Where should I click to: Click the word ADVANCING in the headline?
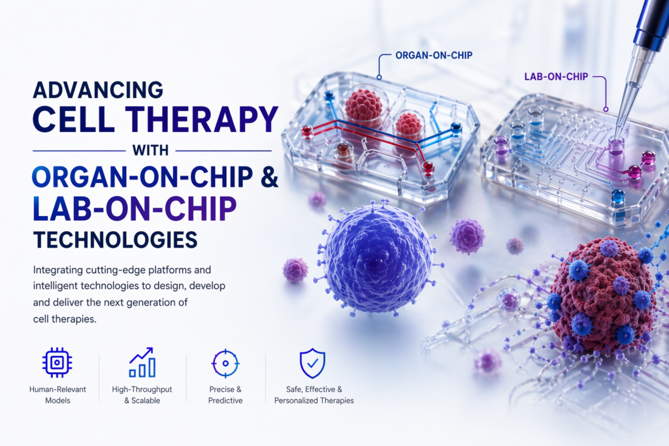[x=98, y=90]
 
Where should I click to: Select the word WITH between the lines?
[x=150, y=150]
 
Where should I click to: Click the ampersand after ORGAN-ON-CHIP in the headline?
[x=269, y=177]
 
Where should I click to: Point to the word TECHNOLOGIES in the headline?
[x=115, y=240]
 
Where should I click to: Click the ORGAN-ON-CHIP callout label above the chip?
[x=434, y=55]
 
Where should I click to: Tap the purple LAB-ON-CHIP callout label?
[x=556, y=77]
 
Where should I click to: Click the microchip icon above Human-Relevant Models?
[x=57, y=362]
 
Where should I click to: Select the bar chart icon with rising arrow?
[x=142, y=362]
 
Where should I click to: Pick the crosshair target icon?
[x=225, y=363]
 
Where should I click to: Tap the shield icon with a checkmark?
[x=313, y=363]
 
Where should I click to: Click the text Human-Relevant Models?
[x=57, y=395]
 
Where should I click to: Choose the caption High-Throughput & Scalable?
[x=142, y=395]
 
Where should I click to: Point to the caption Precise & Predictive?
[x=225, y=395]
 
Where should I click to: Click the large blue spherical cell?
[x=378, y=257]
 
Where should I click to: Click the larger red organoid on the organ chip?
[x=363, y=104]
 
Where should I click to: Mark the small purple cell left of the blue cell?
[x=295, y=270]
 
